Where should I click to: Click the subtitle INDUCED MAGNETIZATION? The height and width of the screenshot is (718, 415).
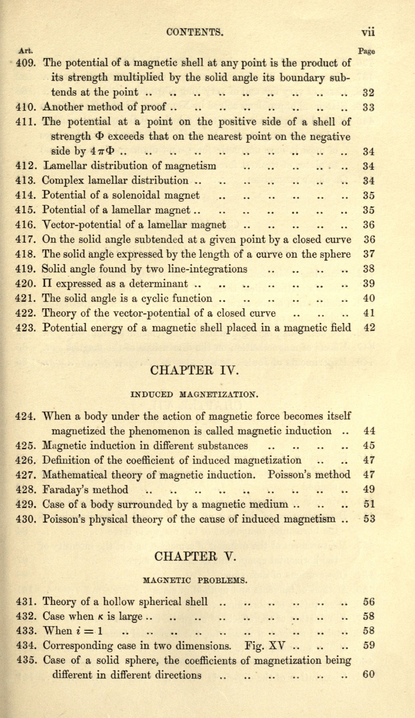point(194,395)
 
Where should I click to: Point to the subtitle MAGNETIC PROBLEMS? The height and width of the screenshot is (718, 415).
point(195,580)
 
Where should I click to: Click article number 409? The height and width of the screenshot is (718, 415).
point(25,63)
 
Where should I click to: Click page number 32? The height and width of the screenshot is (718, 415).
point(368,93)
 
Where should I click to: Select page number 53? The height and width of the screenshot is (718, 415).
point(369,519)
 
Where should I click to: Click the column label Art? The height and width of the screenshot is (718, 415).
point(26,51)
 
